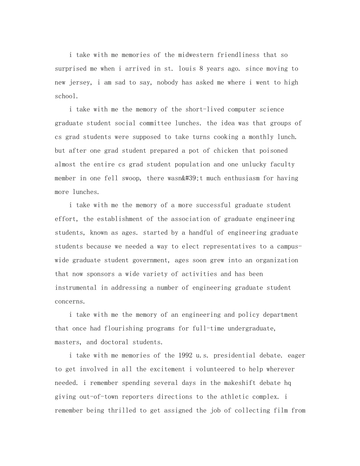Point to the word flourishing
(122, 328)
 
